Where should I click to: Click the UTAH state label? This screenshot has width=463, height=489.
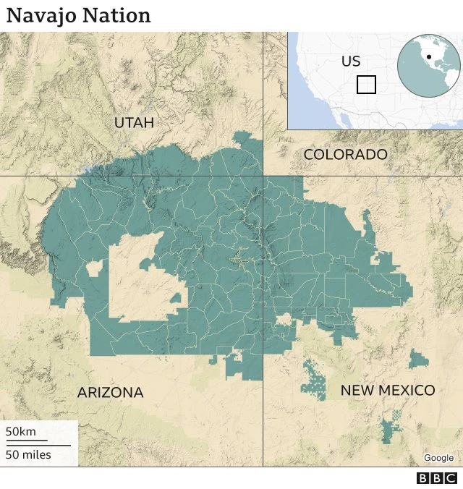tap(134, 123)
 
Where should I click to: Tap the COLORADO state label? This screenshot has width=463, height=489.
tap(345, 154)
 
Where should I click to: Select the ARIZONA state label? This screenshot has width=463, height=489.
tap(110, 393)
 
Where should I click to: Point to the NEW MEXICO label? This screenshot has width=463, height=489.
tap(388, 391)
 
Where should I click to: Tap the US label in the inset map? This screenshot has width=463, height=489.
tap(351, 61)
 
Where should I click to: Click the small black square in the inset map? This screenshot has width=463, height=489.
tap(367, 85)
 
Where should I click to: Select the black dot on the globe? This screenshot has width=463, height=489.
tap(429, 56)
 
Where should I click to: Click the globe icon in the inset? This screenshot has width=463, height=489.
tap(429, 67)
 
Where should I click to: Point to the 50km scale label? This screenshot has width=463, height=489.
tap(21, 432)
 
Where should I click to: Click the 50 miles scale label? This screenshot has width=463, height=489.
tap(28, 454)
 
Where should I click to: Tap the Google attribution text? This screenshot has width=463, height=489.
tap(438, 458)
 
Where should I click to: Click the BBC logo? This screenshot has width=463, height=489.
tap(437, 478)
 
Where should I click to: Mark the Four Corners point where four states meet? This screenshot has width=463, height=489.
tap(263, 176)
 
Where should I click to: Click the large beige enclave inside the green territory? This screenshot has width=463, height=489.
tap(145, 278)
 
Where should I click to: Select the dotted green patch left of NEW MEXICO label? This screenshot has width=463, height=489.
tap(314, 380)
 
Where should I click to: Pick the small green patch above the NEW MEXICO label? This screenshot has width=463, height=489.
tap(417, 359)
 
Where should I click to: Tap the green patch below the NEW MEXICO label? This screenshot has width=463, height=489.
tap(392, 427)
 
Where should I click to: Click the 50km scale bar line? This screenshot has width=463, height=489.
tap(27, 440)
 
